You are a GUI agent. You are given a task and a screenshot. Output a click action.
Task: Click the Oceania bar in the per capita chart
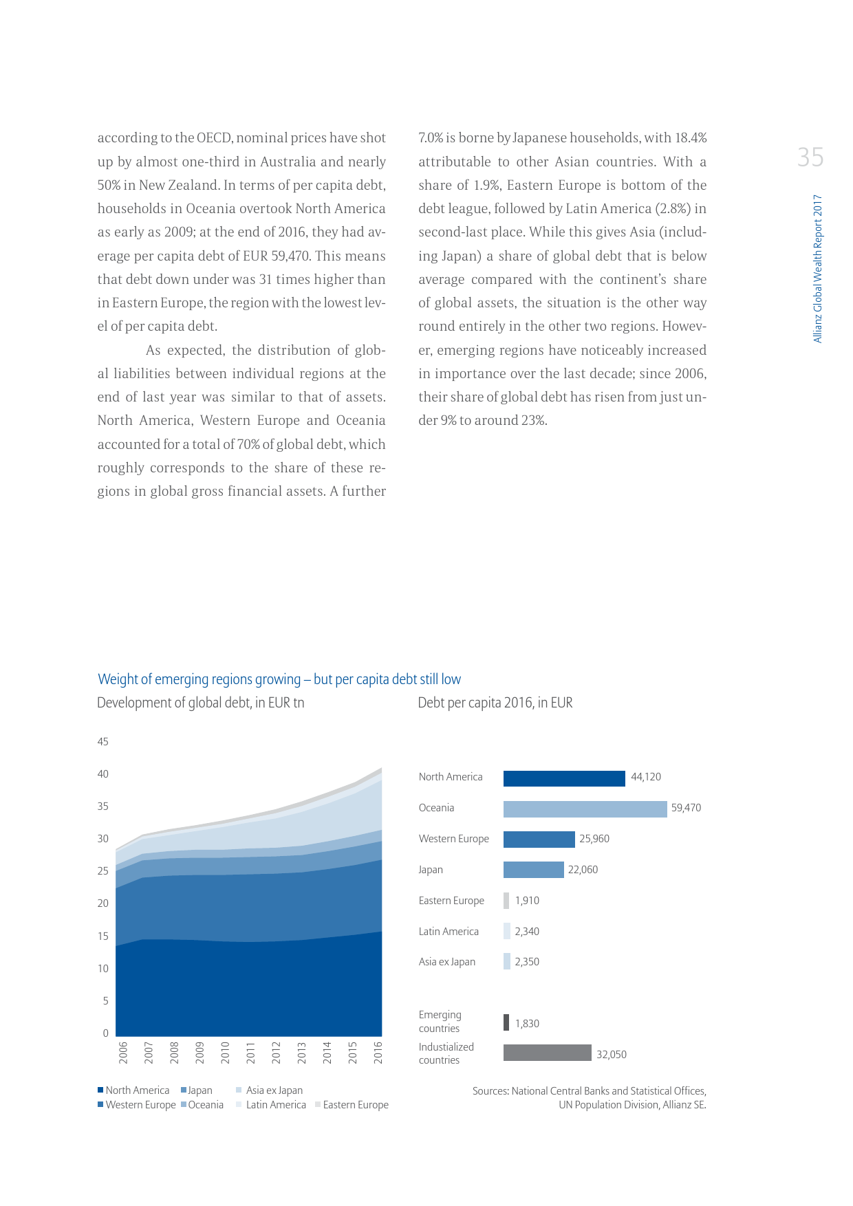click(585, 809)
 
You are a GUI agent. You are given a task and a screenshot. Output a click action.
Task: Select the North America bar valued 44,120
click(564, 778)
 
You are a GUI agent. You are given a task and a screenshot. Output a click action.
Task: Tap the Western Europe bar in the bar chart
click(539, 840)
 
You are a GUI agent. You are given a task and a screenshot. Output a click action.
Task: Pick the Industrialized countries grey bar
click(547, 1053)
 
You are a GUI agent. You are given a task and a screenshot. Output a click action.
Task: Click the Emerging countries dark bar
click(506, 1022)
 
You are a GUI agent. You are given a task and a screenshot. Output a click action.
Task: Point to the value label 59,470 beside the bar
click(686, 808)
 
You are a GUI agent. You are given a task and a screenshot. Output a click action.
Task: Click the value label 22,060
click(583, 870)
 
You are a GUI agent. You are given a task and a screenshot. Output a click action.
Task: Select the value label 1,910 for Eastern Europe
click(527, 901)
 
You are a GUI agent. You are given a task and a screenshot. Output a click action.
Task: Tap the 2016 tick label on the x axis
click(378, 1053)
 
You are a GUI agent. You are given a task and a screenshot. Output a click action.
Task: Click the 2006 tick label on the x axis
click(123, 1053)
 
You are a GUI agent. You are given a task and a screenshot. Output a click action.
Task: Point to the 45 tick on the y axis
click(102, 742)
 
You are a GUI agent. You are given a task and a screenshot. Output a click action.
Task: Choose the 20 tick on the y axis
click(102, 903)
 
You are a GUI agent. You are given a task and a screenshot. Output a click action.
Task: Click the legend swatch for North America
click(100, 1090)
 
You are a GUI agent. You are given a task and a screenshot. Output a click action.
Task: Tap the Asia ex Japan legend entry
click(274, 1090)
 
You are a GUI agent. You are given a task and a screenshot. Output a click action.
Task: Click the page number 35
click(810, 157)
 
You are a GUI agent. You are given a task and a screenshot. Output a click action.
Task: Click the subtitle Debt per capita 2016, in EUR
click(495, 703)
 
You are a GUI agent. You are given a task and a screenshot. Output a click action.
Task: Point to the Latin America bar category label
click(449, 932)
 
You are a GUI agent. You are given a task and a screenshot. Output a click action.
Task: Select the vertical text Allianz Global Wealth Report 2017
click(817, 268)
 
